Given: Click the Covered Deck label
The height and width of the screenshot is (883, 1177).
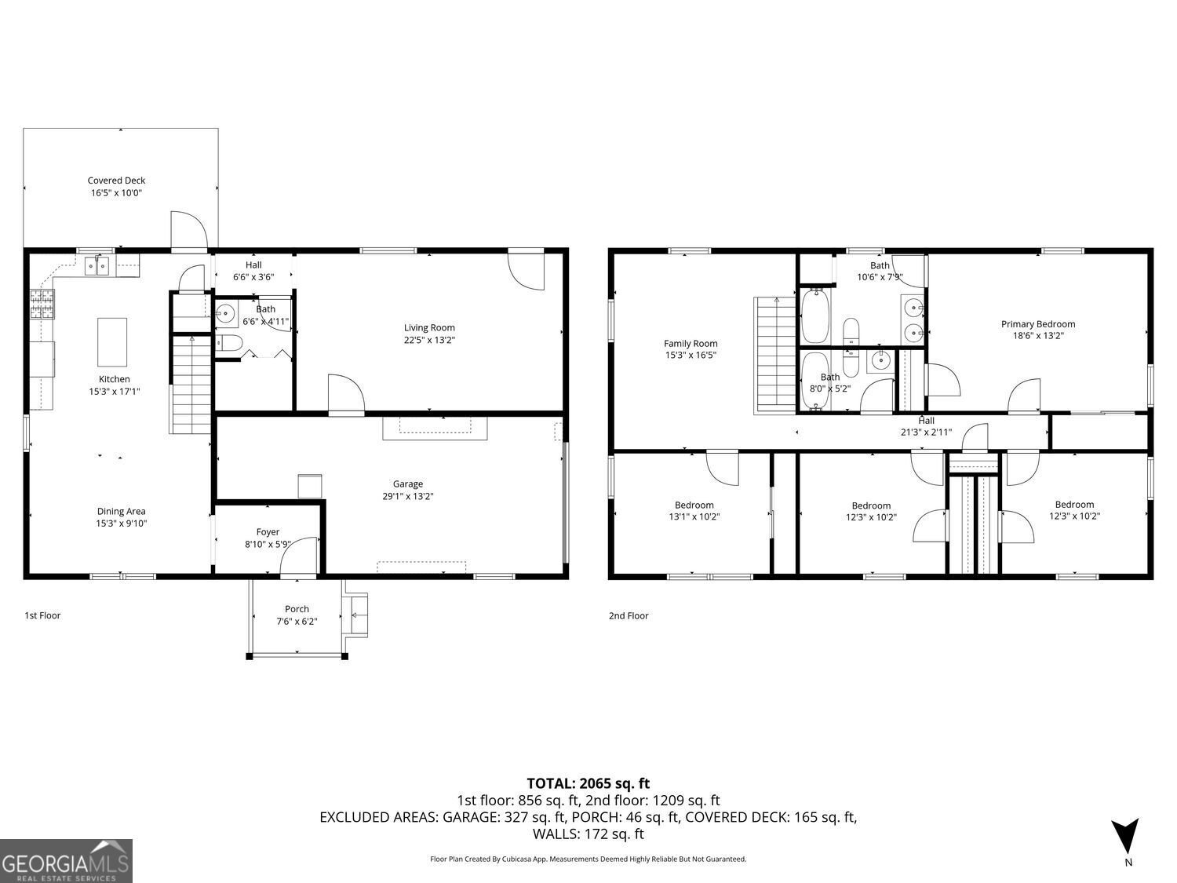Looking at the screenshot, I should pos(116,181).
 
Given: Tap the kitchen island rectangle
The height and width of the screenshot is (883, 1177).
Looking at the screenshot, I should pos(112,341).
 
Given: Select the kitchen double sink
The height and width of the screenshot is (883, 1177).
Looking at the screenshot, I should pos(98,267).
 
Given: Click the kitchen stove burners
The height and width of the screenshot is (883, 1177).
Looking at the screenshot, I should pos(43,304).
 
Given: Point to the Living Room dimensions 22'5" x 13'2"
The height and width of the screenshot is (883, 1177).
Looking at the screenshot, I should pos(429,340).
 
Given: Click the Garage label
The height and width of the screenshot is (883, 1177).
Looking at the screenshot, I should pos(408,484).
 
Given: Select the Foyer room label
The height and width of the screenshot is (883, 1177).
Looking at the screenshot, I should pos(268,532).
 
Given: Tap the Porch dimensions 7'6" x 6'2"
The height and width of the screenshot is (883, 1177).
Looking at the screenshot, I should pos(297,621).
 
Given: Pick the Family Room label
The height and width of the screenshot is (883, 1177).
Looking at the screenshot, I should pos(691,343).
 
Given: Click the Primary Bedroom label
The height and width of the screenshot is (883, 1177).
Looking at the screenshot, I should pos(1038,324).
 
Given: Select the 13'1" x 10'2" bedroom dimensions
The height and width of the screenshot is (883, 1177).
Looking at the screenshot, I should pos(694,516).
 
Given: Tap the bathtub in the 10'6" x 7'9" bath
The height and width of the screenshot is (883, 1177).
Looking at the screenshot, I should pos(814,316).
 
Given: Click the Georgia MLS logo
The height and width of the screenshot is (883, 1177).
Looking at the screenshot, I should pos(66,861).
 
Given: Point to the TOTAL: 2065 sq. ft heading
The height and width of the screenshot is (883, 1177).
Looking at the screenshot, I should pos(588,783).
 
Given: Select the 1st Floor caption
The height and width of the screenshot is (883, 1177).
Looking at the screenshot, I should pos(42,615).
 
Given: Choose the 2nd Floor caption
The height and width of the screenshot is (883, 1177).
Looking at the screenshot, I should pos(629,616).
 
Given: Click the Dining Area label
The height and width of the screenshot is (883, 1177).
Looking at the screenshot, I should pos(121,512).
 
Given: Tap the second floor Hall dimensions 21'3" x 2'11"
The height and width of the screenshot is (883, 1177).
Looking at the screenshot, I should pos(926,432).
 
